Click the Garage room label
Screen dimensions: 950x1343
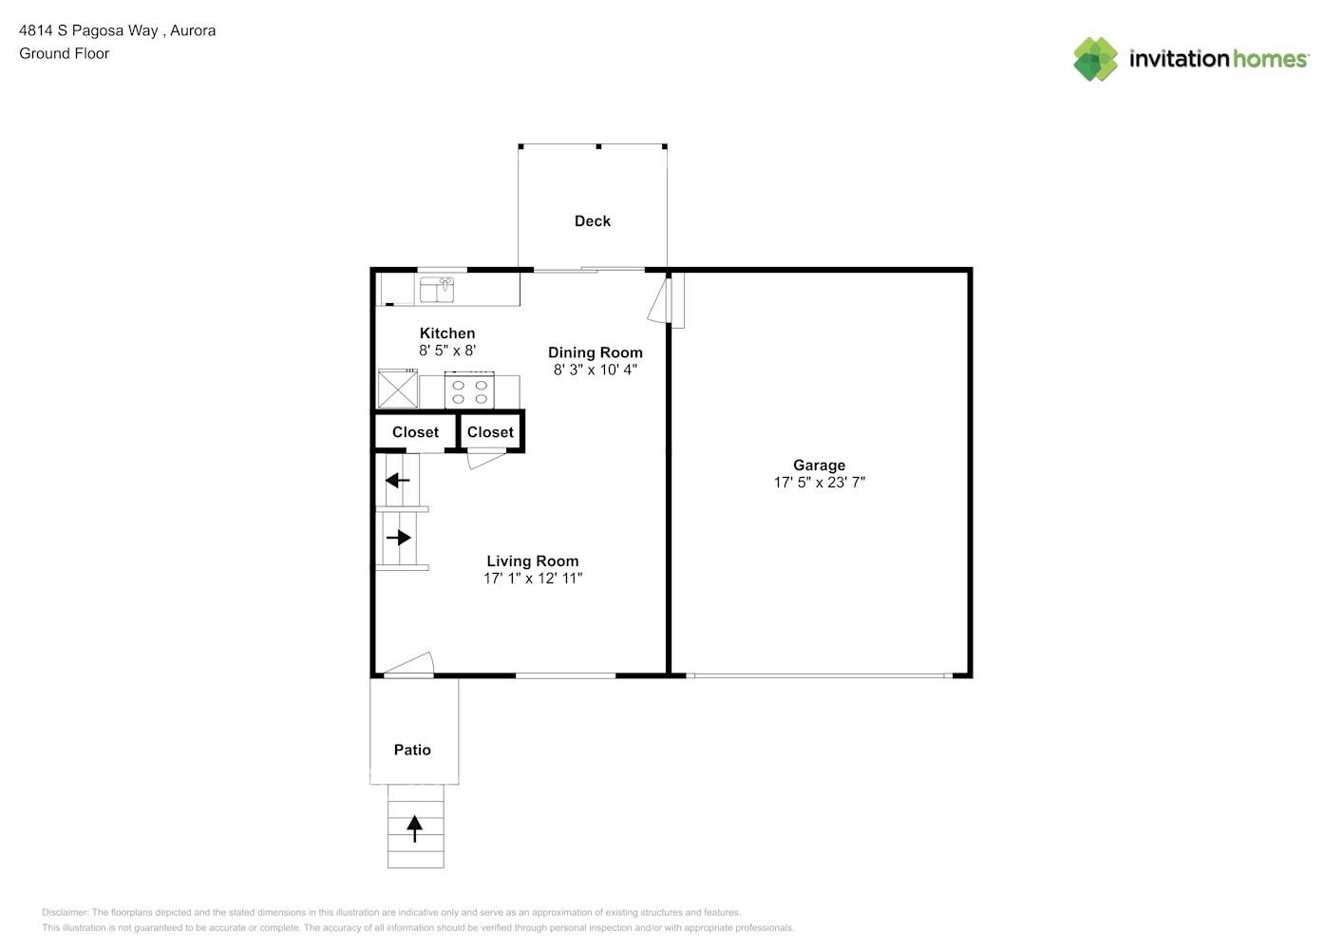coord(819,465)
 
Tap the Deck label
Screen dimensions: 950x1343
coord(592,220)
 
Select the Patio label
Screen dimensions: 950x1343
coord(412,750)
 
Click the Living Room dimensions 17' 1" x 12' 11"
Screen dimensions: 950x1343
coord(533,579)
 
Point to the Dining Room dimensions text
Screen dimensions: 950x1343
coord(596,370)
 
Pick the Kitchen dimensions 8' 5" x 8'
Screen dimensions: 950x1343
coord(447,351)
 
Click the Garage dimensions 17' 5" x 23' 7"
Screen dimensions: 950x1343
coord(819,483)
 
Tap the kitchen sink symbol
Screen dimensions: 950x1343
coord(437,289)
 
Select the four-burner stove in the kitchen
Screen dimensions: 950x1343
coord(469,391)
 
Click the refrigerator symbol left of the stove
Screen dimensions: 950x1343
coord(397,389)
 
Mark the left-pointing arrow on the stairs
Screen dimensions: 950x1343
coord(397,481)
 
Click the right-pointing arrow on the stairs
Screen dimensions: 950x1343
coord(399,538)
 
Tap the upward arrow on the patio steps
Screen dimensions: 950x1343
coord(415,828)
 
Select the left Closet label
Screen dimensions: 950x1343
coord(415,432)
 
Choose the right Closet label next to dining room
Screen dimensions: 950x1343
coord(490,432)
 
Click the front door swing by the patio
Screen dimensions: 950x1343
coord(410,664)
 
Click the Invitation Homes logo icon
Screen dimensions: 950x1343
coord(1095,59)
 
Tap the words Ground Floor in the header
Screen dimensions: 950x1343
coord(65,53)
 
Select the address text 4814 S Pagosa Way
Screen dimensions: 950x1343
coord(89,30)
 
